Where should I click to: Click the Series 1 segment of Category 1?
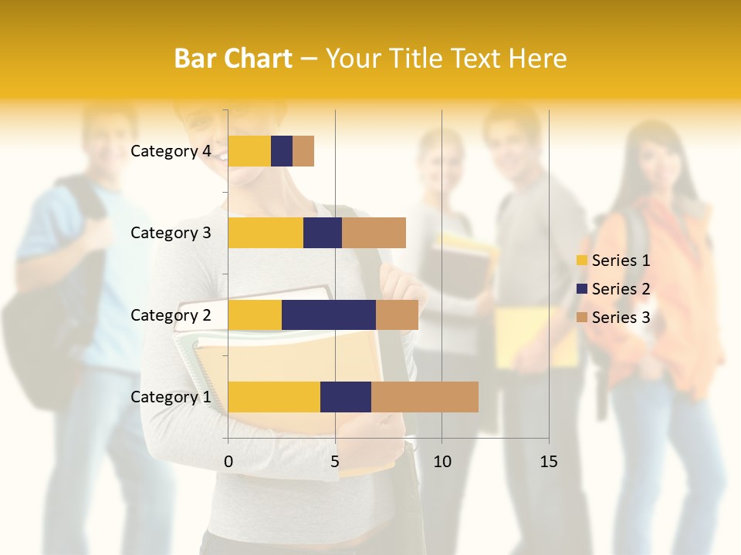274,396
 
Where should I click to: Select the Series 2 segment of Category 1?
346,396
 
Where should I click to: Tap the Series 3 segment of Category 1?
425,396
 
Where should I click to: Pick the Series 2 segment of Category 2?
329,314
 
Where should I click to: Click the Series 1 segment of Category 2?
255,314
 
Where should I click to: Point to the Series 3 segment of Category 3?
374,233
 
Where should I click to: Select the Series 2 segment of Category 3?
323,233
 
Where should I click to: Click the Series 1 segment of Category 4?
249,151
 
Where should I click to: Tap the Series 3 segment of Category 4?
303,151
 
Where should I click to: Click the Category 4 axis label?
171,151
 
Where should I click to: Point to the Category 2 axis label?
171,314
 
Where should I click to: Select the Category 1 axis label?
171,397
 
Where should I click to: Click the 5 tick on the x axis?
335,462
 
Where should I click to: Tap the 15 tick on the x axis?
548,462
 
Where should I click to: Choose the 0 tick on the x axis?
228,462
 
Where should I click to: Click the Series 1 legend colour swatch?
582,261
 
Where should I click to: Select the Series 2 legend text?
621,289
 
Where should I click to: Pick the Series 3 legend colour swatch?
582,318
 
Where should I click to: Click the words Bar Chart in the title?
233,59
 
